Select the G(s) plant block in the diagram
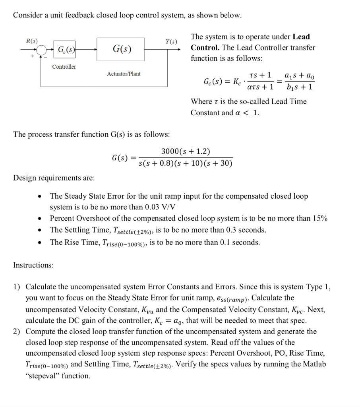pyautogui.click(x=120, y=49)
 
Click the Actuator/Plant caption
pyautogui.click(x=124, y=74)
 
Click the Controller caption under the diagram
pyautogui.click(x=64, y=67)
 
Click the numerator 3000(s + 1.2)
pyautogui.click(x=185, y=151)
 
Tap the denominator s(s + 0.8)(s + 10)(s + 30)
pyautogui.click(x=185, y=164)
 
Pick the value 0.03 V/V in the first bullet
pyautogui.click(x=159, y=207)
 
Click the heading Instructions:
pyautogui.click(x=33, y=265)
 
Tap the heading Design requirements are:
pyautogui.click(x=54, y=178)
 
